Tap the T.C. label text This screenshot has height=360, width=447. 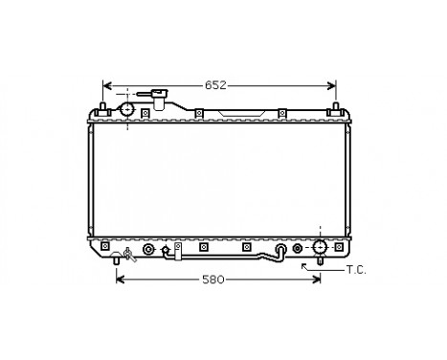(356, 271)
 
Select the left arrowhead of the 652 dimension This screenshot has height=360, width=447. (107, 85)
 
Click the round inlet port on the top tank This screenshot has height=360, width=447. (127, 110)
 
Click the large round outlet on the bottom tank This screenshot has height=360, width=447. (319, 250)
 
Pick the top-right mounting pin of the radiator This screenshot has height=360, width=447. (337, 104)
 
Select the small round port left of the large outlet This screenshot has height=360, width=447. (297, 250)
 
